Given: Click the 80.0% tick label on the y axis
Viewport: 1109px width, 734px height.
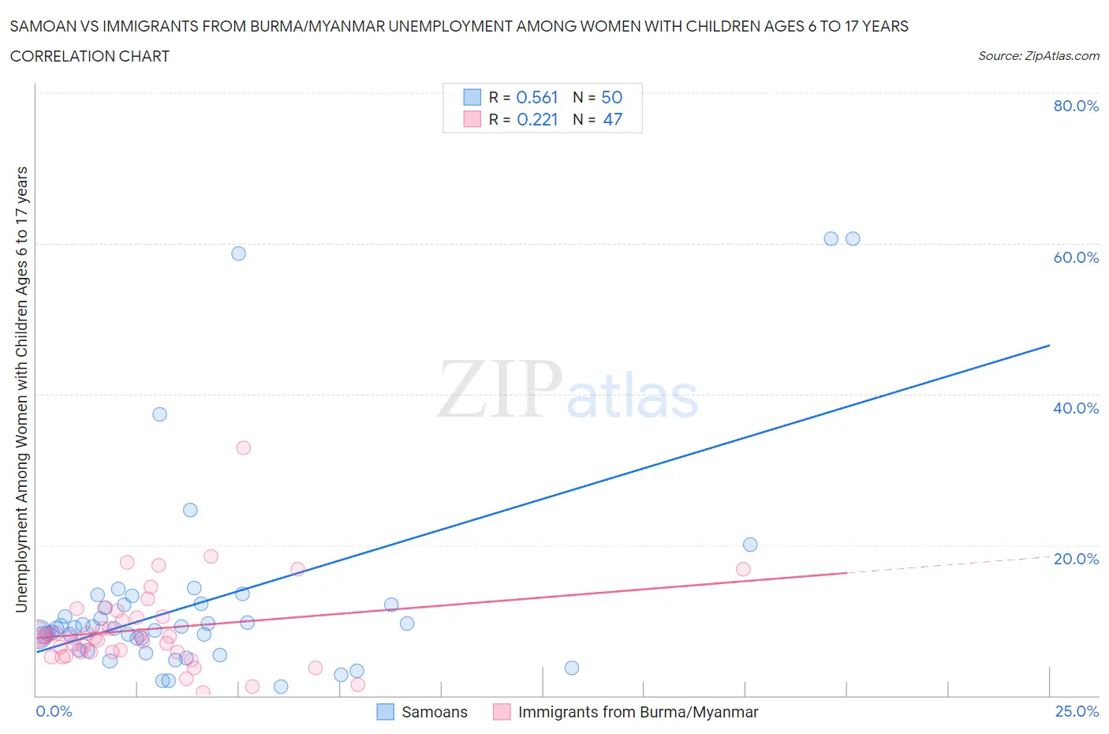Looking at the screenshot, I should tap(1076, 106).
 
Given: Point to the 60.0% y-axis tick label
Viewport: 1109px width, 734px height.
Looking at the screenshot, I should tap(1076, 257).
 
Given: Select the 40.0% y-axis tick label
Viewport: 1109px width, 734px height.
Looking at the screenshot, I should tap(1076, 408).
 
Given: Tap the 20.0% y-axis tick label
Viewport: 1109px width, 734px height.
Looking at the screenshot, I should tap(1076, 559).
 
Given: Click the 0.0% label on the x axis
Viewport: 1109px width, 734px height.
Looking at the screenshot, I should tap(54, 711).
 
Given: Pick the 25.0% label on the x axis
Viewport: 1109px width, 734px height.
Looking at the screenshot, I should tap(1077, 711).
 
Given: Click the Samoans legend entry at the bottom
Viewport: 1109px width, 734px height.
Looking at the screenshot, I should tap(434, 712).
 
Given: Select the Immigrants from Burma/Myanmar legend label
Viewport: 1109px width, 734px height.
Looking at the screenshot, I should tap(637, 712).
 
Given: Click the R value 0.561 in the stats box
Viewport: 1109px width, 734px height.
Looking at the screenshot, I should tap(536, 97).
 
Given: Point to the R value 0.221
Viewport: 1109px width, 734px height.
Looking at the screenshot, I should tap(536, 119).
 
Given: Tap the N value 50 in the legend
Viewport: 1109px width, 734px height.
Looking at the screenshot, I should tap(611, 97).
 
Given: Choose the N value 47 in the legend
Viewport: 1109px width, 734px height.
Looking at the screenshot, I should tap(612, 119).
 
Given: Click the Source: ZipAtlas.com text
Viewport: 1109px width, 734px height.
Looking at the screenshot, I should tap(1038, 55).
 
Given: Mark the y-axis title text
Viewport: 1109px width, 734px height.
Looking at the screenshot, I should tap(21, 390).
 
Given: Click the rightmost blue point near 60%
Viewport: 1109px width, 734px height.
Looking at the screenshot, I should tap(853, 238).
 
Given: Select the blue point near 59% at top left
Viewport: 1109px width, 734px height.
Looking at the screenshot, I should tap(238, 253).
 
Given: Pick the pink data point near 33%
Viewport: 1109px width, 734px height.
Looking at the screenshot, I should tap(243, 448).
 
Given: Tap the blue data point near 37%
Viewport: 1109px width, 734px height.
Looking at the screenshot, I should tap(159, 414).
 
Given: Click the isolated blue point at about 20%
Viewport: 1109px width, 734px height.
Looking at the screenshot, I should tap(750, 545).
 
